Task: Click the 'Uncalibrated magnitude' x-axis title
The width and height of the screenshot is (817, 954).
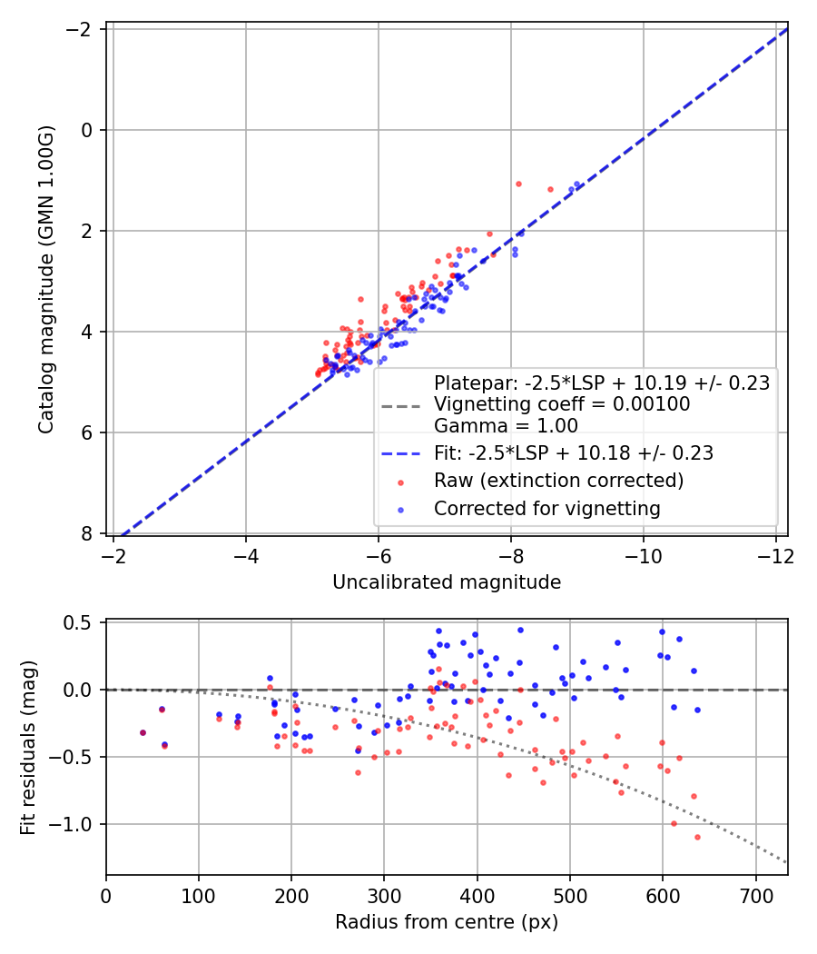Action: (447, 582)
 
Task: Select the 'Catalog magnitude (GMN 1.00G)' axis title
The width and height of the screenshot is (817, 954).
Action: (46, 280)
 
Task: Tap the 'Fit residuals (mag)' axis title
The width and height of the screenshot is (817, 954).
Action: (28, 748)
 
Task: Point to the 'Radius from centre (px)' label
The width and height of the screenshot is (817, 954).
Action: (447, 922)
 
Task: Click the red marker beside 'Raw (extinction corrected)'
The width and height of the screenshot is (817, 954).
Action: (400, 482)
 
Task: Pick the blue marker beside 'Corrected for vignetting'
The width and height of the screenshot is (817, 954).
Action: (400, 510)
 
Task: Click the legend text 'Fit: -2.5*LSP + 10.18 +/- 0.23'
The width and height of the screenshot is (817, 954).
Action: (574, 453)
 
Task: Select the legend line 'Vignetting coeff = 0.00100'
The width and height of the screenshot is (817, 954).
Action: (562, 404)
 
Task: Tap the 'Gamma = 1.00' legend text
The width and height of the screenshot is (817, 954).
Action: (506, 426)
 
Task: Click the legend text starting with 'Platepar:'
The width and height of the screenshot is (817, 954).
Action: (602, 383)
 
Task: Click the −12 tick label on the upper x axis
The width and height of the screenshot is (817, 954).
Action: (776, 556)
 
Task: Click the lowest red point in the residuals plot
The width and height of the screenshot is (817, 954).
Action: (697, 837)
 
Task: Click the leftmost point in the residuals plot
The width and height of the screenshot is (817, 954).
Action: (143, 732)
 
